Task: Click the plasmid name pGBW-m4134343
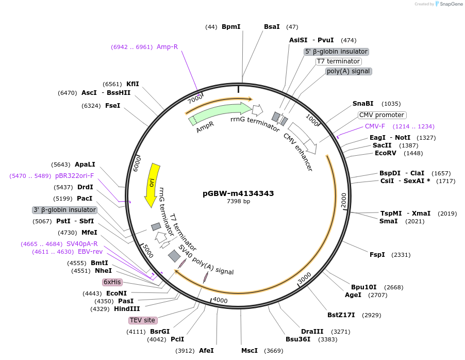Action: click(x=238, y=193)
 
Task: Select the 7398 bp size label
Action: click(x=238, y=202)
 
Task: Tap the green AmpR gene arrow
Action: click(x=217, y=114)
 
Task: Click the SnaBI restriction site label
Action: click(x=363, y=104)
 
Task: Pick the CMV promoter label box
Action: click(x=381, y=115)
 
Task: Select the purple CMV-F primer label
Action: click(x=375, y=126)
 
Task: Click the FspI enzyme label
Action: click(x=377, y=255)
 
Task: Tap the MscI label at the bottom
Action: click(x=249, y=351)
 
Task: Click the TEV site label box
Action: click(x=142, y=320)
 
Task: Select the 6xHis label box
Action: click(x=112, y=282)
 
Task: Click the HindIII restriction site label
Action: click(x=127, y=308)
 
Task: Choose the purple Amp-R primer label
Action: click(x=167, y=47)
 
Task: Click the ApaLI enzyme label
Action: click(x=85, y=165)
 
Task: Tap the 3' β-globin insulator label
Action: click(x=64, y=210)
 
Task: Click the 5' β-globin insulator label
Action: click(x=336, y=52)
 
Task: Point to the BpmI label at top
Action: click(x=231, y=27)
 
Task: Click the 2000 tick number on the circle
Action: click(x=344, y=199)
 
